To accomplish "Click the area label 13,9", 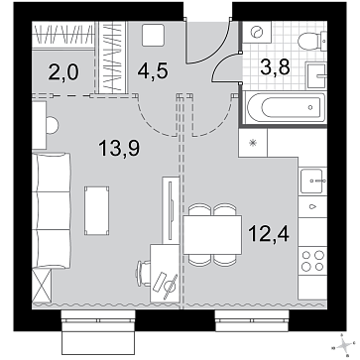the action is [x=119, y=148].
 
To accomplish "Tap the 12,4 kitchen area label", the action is [x=269, y=233].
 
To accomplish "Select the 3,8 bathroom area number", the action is [x=275, y=67].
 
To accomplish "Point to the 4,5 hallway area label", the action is [x=153, y=71].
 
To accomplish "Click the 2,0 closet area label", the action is [x=63, y=72].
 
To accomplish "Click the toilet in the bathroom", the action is [x=312, y=42].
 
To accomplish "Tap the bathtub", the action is [x=287, y=107].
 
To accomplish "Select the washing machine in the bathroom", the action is [x=257, y=32].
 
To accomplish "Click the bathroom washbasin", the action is [x=316, y=75].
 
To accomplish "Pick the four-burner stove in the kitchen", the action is [x=312, y=261].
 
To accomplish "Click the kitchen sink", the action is [x=313, y=180].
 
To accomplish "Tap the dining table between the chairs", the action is [x=212, y=235].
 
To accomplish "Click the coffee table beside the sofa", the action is [x=97, y=211].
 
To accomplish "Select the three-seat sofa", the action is [x=52, y=210].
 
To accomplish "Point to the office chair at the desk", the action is [x=143, y=274].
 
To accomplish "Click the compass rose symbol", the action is [x=345, y=346].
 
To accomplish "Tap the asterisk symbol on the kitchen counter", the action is [x=253, y=143].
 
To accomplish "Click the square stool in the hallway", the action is [x=153, y=35].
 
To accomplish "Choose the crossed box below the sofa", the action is [x=42, y=286].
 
